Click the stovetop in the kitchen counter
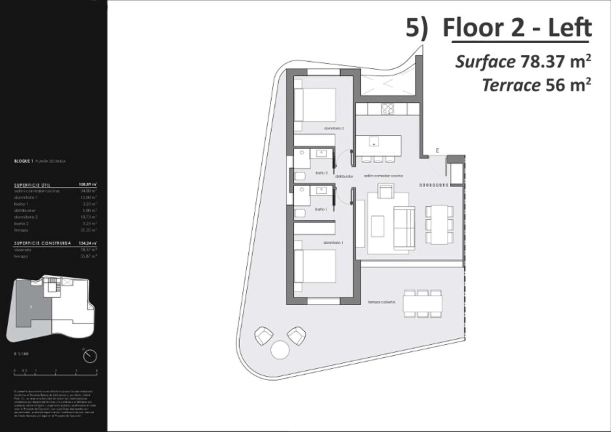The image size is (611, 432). (388, 109)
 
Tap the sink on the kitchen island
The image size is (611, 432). (374, 141)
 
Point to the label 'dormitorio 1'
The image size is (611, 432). (334, 243)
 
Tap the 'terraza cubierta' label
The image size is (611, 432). (382, 302)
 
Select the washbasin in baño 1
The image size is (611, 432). (321, 191)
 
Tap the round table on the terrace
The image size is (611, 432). (279, 349)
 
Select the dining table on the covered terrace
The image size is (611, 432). (423, 303)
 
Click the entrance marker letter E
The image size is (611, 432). (437, 150)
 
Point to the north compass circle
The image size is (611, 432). (90, 356)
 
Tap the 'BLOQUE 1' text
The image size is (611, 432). (24, 161)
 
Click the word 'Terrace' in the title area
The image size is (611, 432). (511, 85)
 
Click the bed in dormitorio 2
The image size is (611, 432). (314, 105)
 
